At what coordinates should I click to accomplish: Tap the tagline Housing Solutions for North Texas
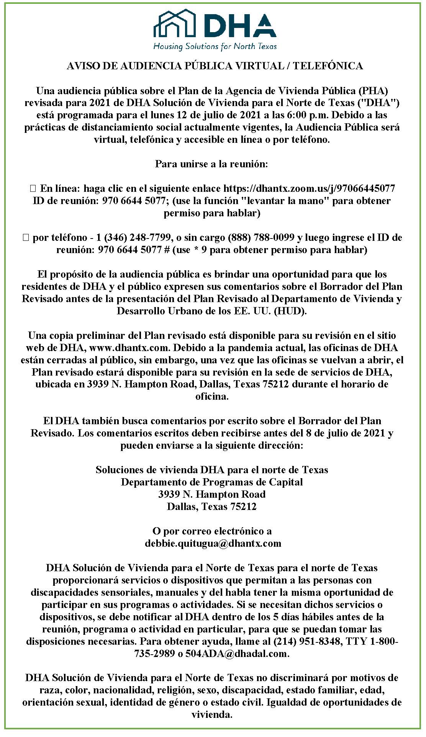(215, 47)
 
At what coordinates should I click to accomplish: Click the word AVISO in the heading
(79, 66)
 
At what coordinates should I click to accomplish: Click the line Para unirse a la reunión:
(212, 164)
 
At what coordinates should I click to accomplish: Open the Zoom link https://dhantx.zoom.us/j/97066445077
(309, 189)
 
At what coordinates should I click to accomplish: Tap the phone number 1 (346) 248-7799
(134, 238)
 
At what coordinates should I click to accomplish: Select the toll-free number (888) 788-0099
(261, 238)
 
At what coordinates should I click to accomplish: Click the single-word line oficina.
(212, 397)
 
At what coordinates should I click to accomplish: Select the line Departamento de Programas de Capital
(212, 482)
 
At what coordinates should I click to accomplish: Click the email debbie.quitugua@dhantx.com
(213, 544)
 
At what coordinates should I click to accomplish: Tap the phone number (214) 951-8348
(307, 642)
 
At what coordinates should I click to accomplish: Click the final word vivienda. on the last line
(212, 715)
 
